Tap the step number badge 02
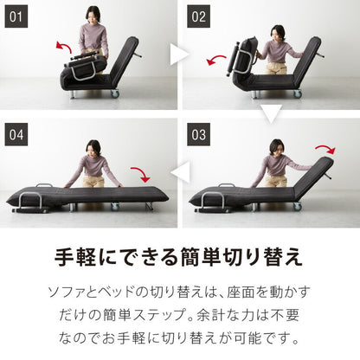click(x=199, y=15)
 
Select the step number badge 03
click(x=199, y=134)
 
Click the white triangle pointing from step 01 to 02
click(x=178, y=55)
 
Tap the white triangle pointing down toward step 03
click(x=270, y=112)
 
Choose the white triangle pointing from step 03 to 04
click(x=179, y=173)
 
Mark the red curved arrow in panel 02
click(x=216, y=59)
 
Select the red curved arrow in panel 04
click(x=138, y=173)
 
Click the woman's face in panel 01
click(x=93, y=16)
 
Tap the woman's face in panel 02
click(x=277, y=35)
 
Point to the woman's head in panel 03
click(x=276, y=147)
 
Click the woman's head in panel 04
click(x=93, y=147)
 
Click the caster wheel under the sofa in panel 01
click(x=114, y=93)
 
